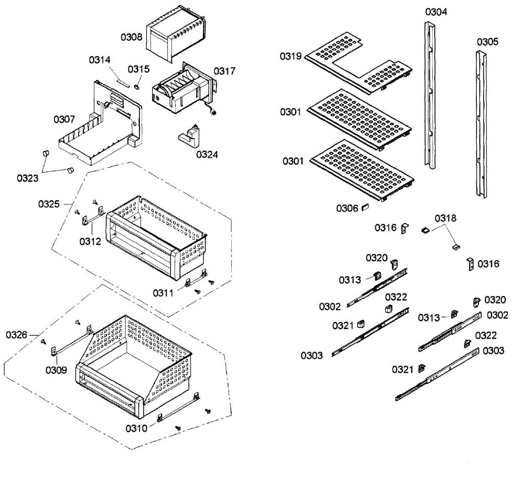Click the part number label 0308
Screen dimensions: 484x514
pyautogui.click(x=131, y=37)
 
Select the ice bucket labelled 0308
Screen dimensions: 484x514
pyautogui.click(x=176, y=33)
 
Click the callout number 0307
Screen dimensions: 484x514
pyautogui.click(x=64, y=119)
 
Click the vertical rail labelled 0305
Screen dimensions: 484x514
pyautogui.click(x=481, y=124)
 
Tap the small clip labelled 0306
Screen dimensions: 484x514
pyautogui.click(x=365, y=207)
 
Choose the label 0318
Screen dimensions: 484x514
pyautogui.click(x=445, y=218)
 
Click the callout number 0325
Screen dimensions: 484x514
pyautogui.click(x=49, y=204)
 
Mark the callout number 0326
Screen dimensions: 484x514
pyautogui.click(x=16, y=335)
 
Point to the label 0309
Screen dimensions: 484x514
pyautogui.click(x=56, y=370)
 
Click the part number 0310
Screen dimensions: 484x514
pyautogui.click(x=136, y=428)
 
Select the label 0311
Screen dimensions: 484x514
pyautogui.click(x=163, y=293)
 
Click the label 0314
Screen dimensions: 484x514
pyautogui.click(x=99, y=60)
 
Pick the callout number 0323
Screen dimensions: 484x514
pyautogui.click(x=27, y=178)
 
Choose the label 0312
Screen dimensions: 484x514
pyautogui.click(x=90, y=241)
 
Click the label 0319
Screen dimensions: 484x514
pyautogui.click(x=291, y=56)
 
